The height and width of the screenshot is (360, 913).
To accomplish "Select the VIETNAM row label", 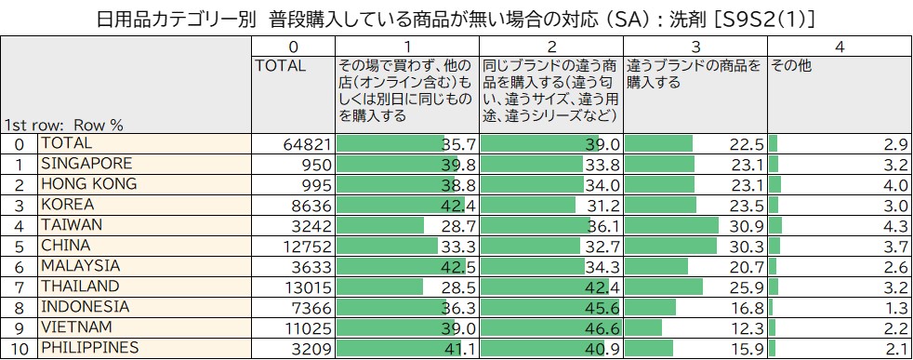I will point(76,327).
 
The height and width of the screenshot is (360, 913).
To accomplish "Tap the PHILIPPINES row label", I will point(88,348).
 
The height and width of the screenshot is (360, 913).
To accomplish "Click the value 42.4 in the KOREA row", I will point(459,205).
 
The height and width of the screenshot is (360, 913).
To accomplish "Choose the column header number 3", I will point(695,46).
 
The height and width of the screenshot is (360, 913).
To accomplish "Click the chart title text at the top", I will point(456,18).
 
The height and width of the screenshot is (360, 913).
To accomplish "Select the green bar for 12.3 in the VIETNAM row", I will point(643,327).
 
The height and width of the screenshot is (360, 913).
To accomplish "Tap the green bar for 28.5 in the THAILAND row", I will point(379,287).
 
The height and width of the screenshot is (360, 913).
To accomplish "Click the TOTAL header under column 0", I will point(280,66).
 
